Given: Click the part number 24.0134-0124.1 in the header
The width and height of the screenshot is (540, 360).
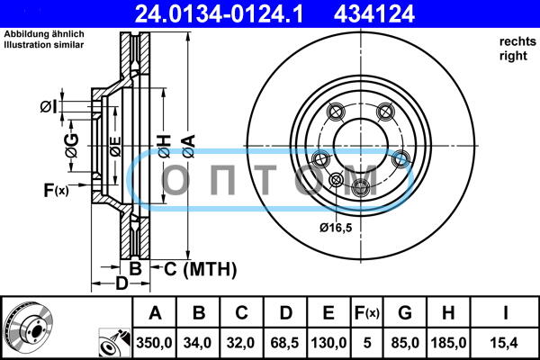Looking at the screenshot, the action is [219, 14].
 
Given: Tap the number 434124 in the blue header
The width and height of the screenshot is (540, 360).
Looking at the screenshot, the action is [374, 14].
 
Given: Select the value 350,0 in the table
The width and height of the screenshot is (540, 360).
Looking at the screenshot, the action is [154, 343].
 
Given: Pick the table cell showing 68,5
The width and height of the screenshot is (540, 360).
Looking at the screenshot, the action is [284, 343].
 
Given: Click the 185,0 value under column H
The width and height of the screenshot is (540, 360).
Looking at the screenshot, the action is [449, 343].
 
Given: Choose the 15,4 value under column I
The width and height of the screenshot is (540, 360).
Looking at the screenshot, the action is [505, 343].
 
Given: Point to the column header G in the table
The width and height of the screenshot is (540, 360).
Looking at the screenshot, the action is [405, 313].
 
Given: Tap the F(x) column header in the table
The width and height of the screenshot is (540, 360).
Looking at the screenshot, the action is [367, 313].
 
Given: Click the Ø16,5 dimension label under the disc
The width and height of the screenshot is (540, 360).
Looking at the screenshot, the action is [336, 228].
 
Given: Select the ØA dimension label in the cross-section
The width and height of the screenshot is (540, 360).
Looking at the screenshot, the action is [189, 146].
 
